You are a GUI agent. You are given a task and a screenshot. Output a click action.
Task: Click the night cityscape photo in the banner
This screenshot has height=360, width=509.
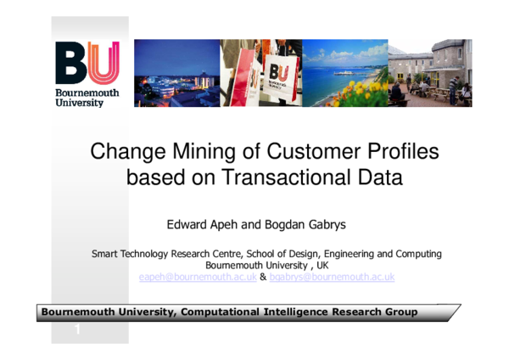coord(176,73)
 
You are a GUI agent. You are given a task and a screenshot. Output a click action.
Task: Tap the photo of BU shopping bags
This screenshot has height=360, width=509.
coord(261,73)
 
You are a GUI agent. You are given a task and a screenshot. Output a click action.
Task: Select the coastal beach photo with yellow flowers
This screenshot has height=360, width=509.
coord(344,73)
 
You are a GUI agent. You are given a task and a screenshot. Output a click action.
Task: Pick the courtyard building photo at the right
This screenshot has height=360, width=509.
coord(430,73)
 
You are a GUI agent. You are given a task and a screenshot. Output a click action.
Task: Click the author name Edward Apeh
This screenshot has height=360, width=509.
coord(201,226)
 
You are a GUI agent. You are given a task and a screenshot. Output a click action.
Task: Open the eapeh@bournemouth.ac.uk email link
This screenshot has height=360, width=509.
coord(197,278)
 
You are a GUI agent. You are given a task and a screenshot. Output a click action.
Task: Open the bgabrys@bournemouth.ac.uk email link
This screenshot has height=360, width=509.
coord(332,278)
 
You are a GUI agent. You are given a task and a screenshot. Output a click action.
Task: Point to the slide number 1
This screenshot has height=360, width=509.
coord(77,329)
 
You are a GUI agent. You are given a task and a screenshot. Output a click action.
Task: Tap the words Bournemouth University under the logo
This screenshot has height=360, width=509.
coord(87,96)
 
